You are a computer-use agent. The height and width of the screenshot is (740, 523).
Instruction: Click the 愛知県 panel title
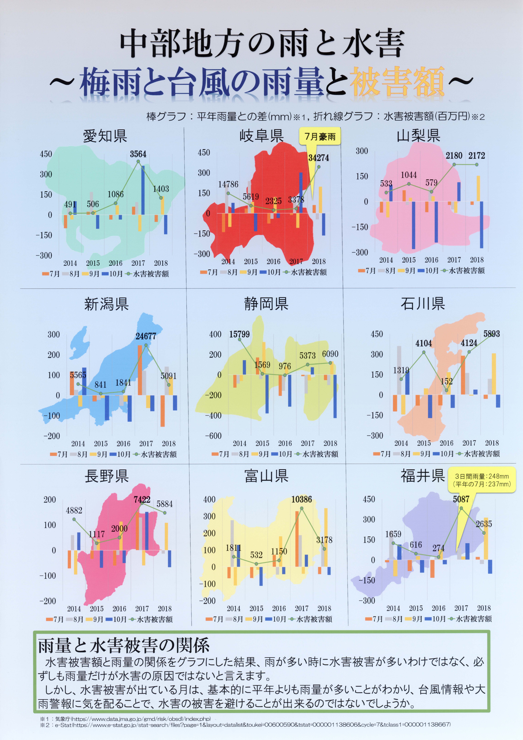105,136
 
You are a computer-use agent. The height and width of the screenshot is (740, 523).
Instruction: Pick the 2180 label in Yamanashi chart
454,156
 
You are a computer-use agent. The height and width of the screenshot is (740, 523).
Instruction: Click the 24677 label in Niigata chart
146,336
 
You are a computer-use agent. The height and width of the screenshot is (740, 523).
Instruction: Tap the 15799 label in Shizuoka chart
239,334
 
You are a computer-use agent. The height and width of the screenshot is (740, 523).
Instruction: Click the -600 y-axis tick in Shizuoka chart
213,436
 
